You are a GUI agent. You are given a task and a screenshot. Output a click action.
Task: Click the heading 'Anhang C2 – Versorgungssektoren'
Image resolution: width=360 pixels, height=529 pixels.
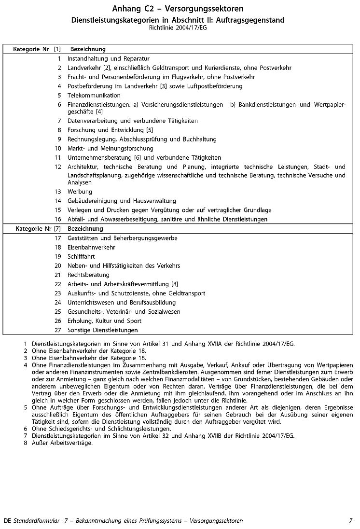tap(178, 9)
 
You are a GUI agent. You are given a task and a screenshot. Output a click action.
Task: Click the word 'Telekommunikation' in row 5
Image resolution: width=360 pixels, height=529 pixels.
tap(94, 96)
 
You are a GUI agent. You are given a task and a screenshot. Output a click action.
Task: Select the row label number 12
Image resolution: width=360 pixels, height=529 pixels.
tap(58, 167)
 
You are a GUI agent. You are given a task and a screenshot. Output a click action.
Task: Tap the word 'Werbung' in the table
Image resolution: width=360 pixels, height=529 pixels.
tap(80, 192)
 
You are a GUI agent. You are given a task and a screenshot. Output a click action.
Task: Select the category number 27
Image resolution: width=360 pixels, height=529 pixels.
tap(58, 330)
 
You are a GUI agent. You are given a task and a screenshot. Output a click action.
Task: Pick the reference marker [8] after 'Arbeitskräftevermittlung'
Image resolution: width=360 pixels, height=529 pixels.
tap(175, 284)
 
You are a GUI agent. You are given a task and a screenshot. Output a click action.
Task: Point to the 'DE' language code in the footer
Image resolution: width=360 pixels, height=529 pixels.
tap(7, 521)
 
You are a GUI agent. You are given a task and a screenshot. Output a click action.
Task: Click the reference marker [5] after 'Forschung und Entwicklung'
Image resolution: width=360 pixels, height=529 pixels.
tap(150, 130)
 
